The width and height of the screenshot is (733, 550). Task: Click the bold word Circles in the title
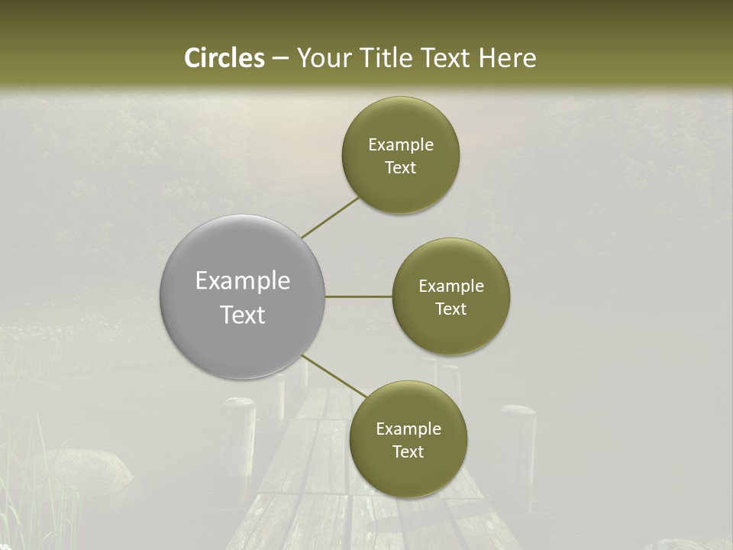[224, 58]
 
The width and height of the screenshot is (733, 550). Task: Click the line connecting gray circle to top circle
[330, 218]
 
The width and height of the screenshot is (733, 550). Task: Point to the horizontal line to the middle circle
[358, 296]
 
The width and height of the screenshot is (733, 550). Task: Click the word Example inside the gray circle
[242, 281]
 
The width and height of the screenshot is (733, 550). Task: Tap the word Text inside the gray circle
[242, 315]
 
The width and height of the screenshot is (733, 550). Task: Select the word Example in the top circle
[400, 145]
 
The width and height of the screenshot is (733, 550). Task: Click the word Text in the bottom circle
[408, 452]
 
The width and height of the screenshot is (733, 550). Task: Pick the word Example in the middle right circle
[450, 286]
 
